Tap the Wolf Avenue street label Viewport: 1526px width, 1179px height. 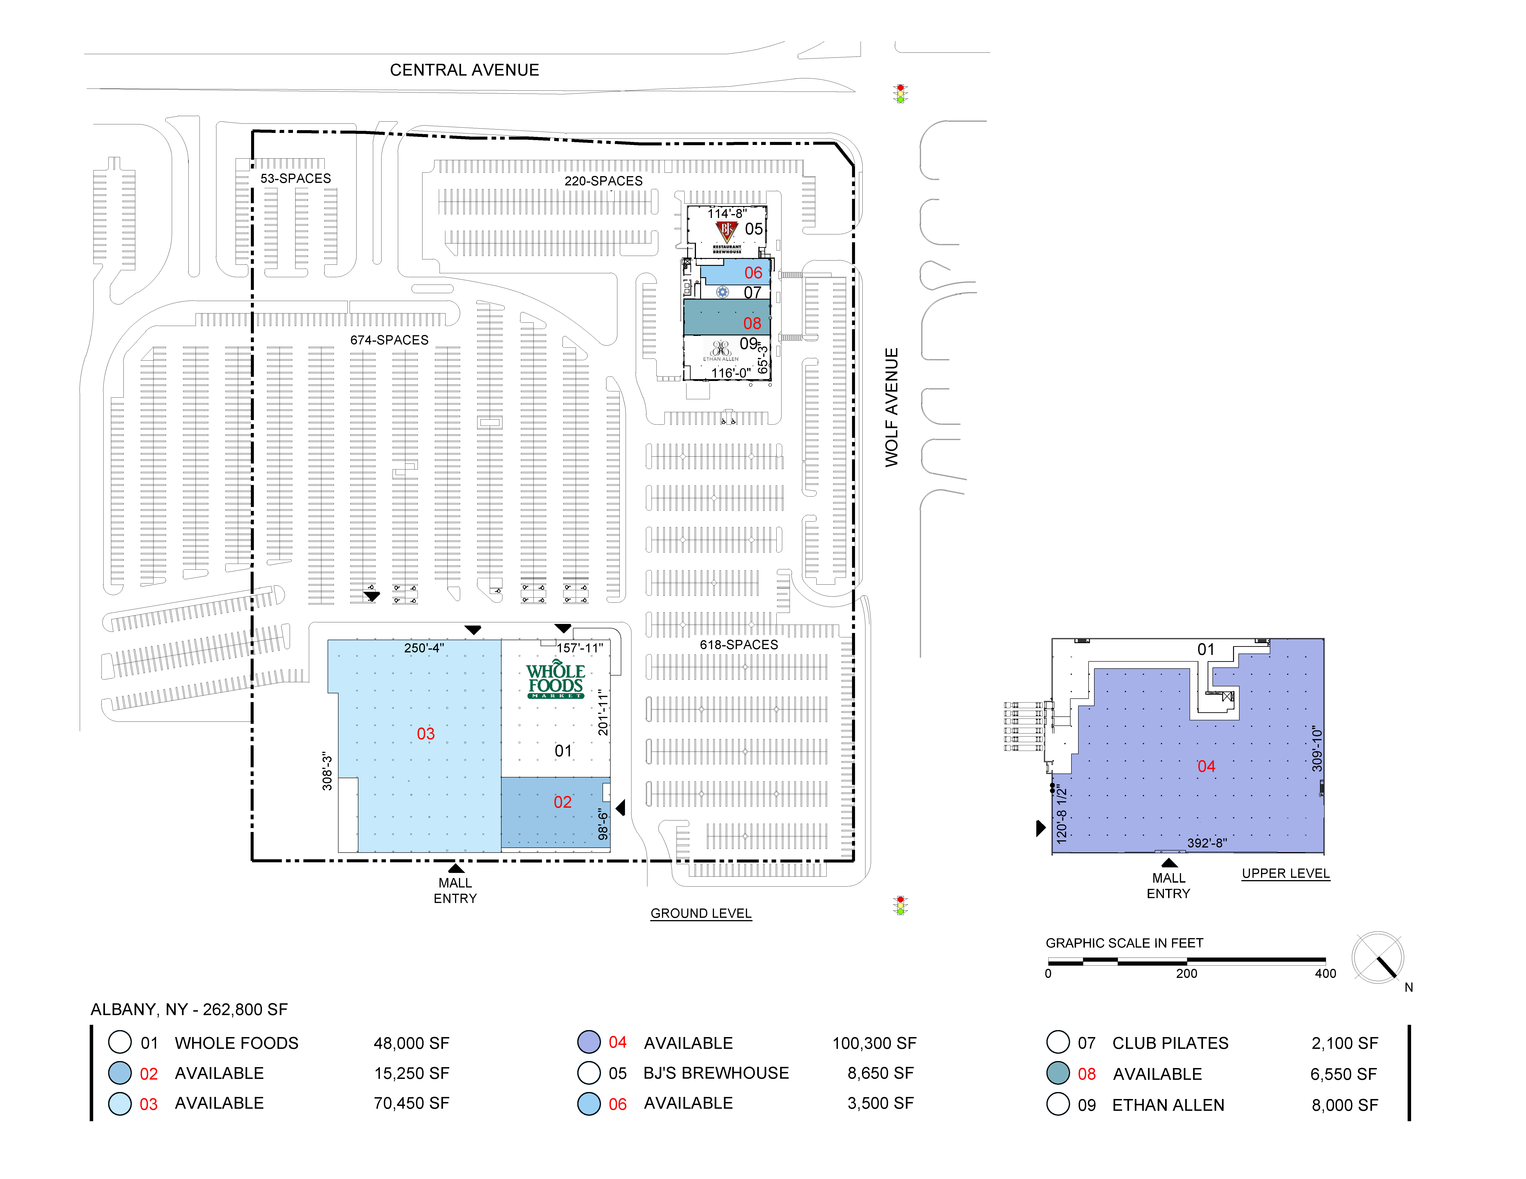click(x=892, y=407)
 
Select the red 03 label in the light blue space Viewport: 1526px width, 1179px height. click(x=425, y=733)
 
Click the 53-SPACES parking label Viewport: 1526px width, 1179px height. click(x=295, y=179)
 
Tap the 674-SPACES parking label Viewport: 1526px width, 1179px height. click(x=389, y=340)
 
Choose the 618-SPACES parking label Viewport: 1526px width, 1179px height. click(x=738, y=645)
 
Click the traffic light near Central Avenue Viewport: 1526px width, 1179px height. click(x=901, y=94)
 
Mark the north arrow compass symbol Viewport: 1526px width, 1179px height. click(x=1378, y=958)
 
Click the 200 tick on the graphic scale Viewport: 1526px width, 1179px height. click(x=1186, y=974)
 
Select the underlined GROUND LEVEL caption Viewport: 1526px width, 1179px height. click(x=701, y=914)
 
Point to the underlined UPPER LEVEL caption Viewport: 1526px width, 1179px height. click(x=1286, y=874)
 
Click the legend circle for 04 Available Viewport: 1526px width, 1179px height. click(x=589, y=1042)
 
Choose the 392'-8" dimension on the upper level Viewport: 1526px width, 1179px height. click(x=1207, y=843)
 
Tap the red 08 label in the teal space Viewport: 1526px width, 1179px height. click(x=752, y=323)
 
